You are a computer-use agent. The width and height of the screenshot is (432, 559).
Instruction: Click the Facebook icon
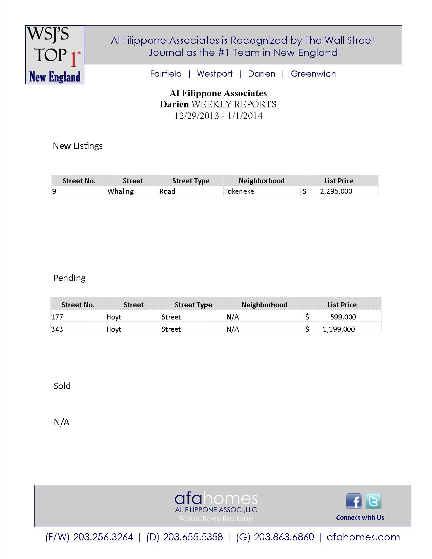tap(354, 501)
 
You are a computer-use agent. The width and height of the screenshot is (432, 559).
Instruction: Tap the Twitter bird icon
tap(373, 501)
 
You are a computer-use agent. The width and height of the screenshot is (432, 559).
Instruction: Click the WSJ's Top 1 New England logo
tap(55, 55)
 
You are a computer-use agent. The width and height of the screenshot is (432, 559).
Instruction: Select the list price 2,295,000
tap(336, 191)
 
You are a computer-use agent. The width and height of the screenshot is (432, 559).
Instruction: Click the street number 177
tap(57, 317)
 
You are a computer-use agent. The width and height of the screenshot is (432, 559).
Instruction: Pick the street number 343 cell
tap(57, 329)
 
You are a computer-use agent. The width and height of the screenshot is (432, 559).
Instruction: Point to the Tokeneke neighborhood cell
tap(239, 191)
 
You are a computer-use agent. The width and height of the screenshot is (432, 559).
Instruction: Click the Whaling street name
tap(121, 191)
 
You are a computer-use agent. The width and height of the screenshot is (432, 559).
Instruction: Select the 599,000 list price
tap(343, 317)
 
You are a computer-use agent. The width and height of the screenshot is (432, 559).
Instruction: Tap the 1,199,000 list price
tap(339, 329)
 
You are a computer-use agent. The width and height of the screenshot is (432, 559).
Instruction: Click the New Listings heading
tap(78, 146)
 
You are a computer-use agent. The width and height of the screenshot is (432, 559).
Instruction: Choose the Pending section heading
tap(69, 278)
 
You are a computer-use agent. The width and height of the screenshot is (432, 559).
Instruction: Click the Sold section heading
tap(62, 386)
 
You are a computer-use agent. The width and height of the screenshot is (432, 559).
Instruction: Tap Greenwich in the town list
tap(313, 74)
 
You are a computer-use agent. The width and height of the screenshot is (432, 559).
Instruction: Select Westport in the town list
tap(214, 74)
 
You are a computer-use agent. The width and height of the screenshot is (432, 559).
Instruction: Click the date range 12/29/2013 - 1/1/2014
tap(218, 116)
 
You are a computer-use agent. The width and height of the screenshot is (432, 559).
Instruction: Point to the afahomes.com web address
tap(363, 537)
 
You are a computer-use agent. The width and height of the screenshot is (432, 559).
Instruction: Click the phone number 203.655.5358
tap(193, 537)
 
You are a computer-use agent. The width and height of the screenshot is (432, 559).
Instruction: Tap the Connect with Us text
tap(360, 517)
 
